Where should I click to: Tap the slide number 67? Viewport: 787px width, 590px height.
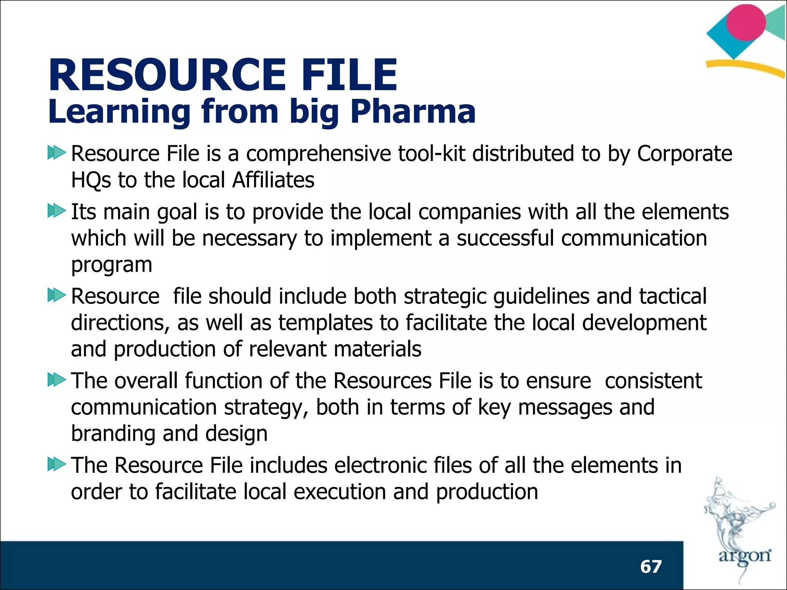coord(651,567)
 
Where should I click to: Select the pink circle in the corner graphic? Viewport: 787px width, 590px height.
coord(746,22)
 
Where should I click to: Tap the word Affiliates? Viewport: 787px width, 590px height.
coord(273,180)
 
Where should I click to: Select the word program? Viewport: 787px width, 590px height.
coord(112,265)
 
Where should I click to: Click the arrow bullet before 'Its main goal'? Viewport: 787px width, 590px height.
coord(56,211)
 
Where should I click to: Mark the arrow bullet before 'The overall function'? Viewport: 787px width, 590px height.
coord(56,380)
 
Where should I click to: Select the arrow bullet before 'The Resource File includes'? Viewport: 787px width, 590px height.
coord(56,464)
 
